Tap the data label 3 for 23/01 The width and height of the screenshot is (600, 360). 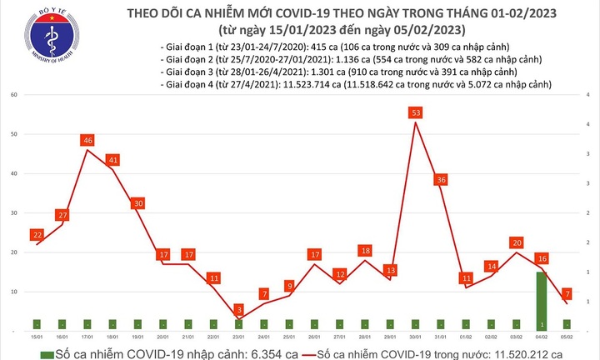tap(239, 310)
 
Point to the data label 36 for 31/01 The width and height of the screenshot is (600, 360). tap(442, 179)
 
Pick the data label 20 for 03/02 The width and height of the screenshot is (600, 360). tap(516, 242)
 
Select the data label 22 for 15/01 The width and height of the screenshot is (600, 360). tap(37, 235)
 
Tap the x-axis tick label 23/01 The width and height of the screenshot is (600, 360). tap(237, 337)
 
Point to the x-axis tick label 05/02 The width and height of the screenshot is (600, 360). tap(567, 337)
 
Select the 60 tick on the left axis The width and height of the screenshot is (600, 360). tap(15, 95)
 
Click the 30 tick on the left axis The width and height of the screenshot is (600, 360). tap(15, 213)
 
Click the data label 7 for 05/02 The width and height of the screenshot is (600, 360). tap(567, 294)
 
